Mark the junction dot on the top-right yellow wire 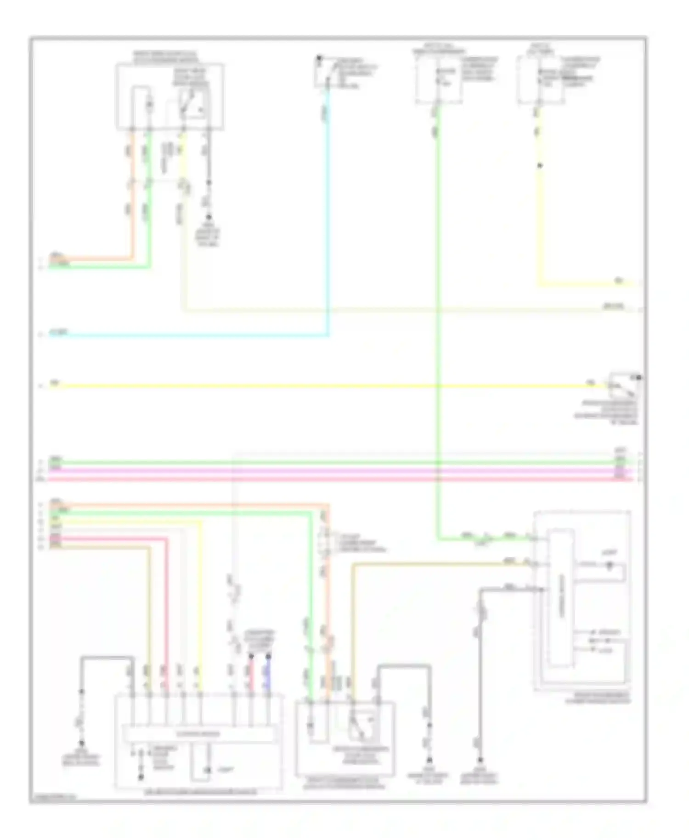(540, 165)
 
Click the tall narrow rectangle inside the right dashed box (560, 597)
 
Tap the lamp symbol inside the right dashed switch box (610, 565)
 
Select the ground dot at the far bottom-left (82, 743)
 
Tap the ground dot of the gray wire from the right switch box (480, 760)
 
